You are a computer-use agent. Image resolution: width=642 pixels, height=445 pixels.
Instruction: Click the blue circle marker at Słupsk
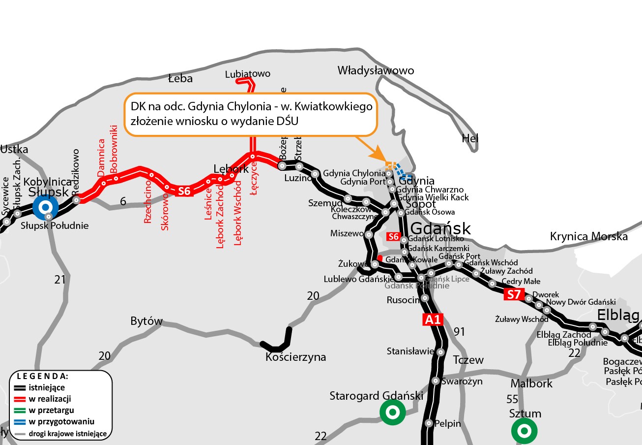tap(46, 207)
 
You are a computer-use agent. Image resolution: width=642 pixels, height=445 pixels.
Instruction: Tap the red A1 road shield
tap(433, 320)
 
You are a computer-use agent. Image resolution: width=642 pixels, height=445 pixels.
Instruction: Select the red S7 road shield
tap(514, 295)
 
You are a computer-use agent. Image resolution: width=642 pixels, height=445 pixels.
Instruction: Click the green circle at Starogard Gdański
tap(392, 412)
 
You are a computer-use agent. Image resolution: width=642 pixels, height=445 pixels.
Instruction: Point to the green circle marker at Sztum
tap(524, 431)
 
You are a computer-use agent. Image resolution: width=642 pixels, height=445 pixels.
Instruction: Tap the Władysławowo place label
tap(376, 71)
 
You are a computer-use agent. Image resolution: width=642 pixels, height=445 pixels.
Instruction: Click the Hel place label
tap(470, 139)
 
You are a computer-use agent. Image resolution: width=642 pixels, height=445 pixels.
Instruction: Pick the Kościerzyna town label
tap(295, 357)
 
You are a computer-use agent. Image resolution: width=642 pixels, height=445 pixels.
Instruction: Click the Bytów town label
tap(146, 321)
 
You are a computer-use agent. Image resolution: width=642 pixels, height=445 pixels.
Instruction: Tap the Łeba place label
tap(180, 78)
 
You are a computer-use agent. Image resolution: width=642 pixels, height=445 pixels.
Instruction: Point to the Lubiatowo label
tap(247, 74)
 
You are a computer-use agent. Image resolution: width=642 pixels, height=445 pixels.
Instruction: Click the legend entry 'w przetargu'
tap(51, 410)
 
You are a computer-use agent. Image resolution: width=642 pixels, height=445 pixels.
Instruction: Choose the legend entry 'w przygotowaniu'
tap(61, 422)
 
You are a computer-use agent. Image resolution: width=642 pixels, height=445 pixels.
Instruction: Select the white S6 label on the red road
tap(184, 191)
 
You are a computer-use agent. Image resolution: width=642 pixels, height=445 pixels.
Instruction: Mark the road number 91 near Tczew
tap(459, 331)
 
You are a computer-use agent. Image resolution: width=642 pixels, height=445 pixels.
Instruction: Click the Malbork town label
tap(531, 383)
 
